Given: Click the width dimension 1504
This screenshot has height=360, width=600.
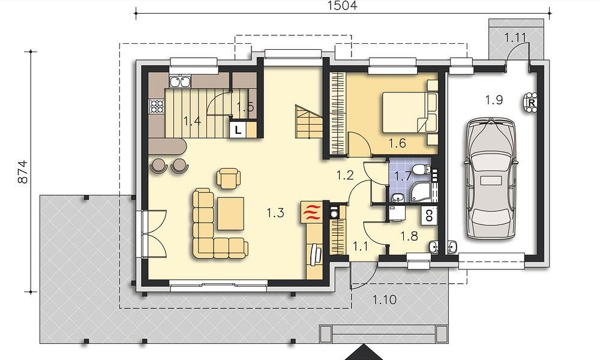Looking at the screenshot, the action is pos(343,5).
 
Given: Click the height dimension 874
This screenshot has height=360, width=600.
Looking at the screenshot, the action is pos(23,172).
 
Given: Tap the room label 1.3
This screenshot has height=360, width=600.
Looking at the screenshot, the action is pos(275,213).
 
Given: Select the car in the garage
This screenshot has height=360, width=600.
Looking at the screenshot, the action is pos(491,179).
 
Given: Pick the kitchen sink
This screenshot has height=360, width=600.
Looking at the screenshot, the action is pos(180,82).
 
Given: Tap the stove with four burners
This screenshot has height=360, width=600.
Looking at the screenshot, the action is pos(157,107).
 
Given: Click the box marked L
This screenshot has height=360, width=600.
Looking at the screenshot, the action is pos(238,130).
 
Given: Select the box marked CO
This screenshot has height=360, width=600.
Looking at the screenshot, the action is pos(429,215).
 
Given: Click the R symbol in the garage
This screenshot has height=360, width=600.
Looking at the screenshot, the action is pos(532,103).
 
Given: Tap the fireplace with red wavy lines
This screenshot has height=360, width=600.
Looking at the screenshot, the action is pos(312,212).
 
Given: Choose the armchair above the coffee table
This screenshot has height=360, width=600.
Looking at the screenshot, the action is pos(229,178).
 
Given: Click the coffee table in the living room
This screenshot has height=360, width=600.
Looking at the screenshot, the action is pos(231,214).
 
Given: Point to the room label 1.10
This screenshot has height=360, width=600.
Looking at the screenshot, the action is pos(385,299).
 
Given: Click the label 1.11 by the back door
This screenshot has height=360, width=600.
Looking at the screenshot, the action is pos(515,37).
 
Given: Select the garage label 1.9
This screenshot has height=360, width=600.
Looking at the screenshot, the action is pos(494,100).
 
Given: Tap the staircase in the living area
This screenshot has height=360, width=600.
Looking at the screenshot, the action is pos(308,122).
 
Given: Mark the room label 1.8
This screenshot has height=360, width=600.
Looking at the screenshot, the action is pos(409,236).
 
